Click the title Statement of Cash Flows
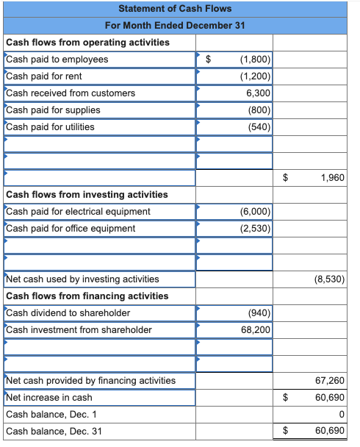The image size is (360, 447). coord(174,9)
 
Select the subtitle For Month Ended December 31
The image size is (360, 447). coord(174,26)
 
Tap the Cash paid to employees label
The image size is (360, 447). coord(57,60)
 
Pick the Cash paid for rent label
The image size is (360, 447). coord(43,76)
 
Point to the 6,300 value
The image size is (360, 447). coord(258,93)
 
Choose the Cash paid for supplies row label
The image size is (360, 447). coord(53,110)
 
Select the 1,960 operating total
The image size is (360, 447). coord(333,178)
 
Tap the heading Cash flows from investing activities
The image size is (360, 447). coord(87,195)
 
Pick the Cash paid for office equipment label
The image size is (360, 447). coord(71,229)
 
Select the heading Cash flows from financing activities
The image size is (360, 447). coord(87,296)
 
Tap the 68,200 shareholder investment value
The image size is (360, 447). coord(256,330)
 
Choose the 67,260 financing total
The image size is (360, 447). coord(330,381)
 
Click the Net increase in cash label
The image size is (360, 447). coord(49,398)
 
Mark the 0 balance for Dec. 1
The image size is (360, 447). coord(342,415)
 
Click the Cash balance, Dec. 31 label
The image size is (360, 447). coord(54,432)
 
